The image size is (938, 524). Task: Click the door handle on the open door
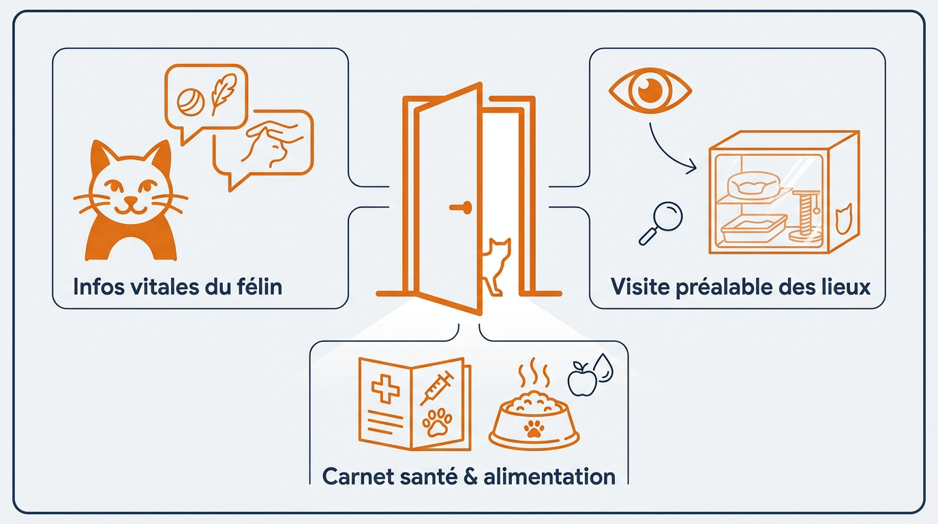[461, 207]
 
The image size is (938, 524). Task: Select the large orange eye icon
[650, 91]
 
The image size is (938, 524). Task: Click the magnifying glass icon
[661, 223]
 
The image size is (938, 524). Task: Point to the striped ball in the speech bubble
[191, 102]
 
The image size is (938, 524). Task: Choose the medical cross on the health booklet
[385, 389]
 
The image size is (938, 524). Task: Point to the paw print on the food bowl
[534, 428]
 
